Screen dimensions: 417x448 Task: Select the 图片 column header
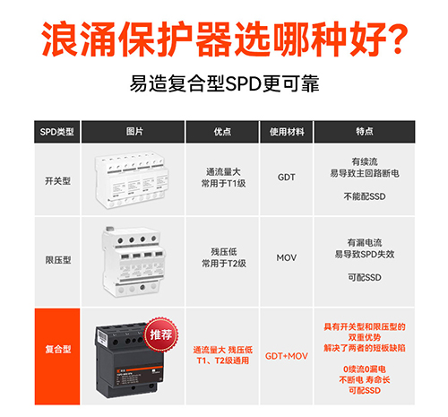coord(135,131)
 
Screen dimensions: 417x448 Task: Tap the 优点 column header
coord(222,131)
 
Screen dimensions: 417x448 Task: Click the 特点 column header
coord(364,131)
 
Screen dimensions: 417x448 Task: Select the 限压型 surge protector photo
coord(136,260)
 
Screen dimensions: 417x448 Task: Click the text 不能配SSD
coord(363,195)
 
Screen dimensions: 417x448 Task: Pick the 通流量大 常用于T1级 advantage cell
coord(222,177)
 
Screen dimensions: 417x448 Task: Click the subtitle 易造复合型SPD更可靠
coord(223,85)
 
